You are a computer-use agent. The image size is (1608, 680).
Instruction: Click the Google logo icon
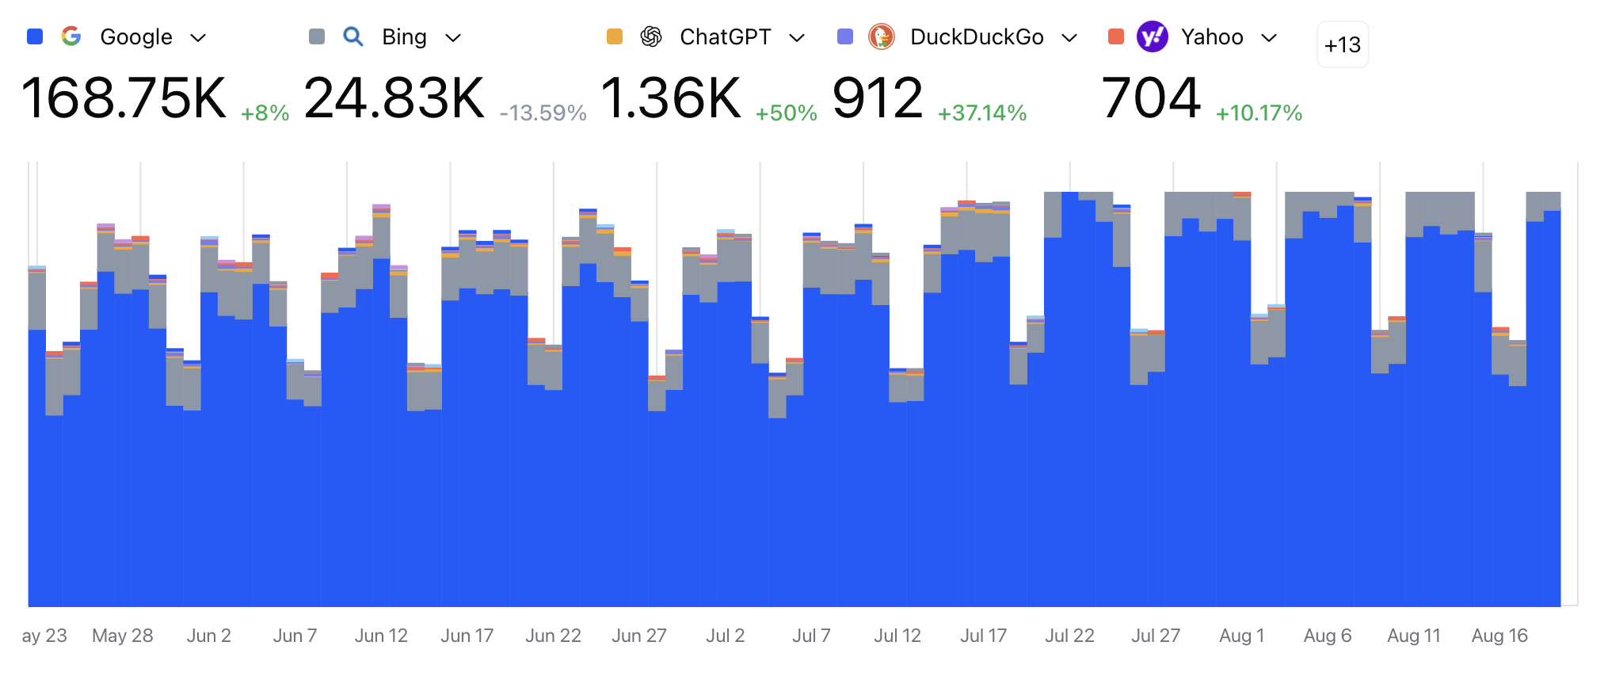pos(71,36)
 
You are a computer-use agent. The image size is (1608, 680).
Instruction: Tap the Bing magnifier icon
pos(353,36)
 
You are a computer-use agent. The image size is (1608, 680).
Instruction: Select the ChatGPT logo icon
pos(651,36)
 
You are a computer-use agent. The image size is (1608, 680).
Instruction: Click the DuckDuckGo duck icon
pos(882,36)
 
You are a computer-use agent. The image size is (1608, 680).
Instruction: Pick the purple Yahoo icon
pos(1152,36)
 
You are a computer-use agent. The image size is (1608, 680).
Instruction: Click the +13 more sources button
pos(1342,45)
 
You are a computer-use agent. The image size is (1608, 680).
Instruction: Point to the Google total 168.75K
pos(124,98)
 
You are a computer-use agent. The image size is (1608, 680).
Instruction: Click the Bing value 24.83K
pos(394,98)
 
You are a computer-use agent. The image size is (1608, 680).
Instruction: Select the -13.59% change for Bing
pos(543,113)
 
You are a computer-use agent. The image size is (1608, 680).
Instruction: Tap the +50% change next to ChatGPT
pos(786,113)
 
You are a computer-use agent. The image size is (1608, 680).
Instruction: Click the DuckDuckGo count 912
pos(878,98)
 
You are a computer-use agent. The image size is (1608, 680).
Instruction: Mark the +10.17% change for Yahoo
pos(1259,113)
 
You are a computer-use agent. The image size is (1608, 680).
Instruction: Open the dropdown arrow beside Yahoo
pos(1269,37)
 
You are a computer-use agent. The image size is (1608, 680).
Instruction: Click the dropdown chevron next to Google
pos(199,37)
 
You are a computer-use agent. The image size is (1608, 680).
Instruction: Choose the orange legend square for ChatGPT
pos(615,36)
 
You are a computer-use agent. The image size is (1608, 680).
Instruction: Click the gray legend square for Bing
pos(317,36)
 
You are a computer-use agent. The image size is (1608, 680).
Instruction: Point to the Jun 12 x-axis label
pos(381,636)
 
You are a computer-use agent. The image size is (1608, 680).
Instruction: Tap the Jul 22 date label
pos(1069,636)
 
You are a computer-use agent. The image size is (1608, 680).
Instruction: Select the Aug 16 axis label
pos(1499,636)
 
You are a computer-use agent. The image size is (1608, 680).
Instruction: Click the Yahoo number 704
pos(1151,98)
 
